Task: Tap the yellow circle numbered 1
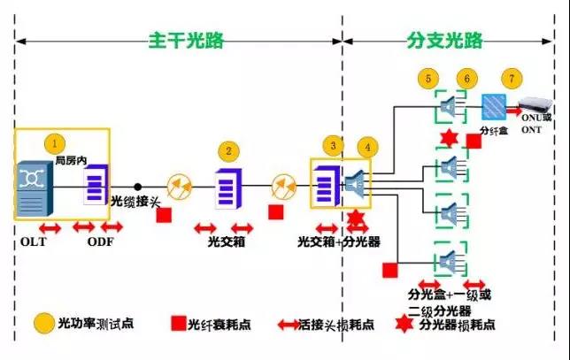[55, 142]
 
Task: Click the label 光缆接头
[135, 203]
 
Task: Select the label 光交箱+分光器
[339, 241]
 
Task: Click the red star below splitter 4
[356, 218]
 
